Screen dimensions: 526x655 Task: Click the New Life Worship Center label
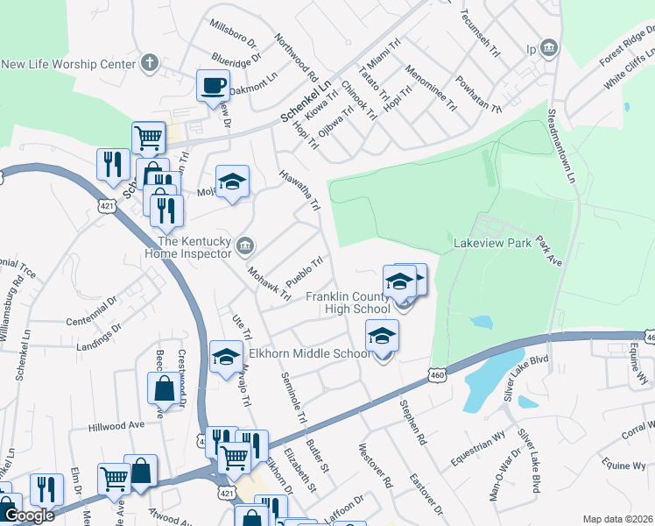[x=69, y=63]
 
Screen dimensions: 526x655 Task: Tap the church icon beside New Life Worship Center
[x=150, y=63]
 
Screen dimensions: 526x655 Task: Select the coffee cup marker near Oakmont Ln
[x=213, y=86]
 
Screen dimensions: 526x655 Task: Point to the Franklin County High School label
[x=348, y=302]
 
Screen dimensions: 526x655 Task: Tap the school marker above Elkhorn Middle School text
[x=382, y=337]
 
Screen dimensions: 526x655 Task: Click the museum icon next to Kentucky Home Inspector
[x=246, y=244]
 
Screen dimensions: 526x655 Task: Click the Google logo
[x=29, y=516]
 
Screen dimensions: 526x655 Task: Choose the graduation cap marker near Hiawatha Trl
[x=231, y=182]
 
